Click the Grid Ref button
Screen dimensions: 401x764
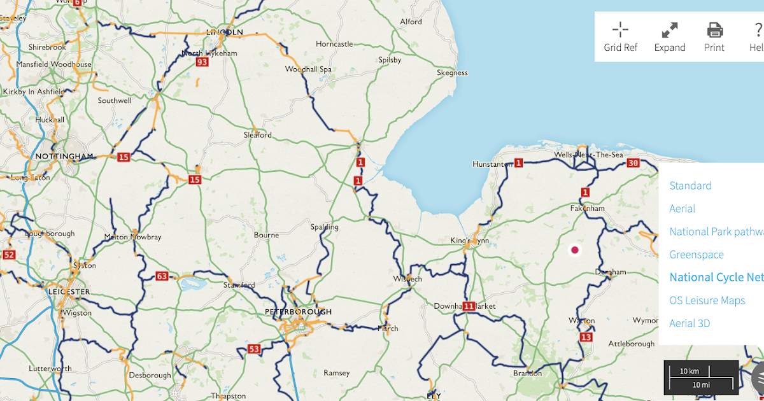[x=620, y=37]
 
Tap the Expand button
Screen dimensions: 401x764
[x=670, y=37]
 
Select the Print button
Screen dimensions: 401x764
[x=714, y=37]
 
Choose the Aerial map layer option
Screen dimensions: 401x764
[x=682, y=209]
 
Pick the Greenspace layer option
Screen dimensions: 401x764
[x=697, y=255]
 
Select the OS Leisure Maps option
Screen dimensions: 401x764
[x=707, y=300]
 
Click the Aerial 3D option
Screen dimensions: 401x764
[x=690, y=323]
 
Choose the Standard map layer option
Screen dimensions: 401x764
[x=690, y=186]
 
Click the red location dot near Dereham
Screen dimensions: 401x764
[x=575, y=250]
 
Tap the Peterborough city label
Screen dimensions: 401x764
[x=298, y=312]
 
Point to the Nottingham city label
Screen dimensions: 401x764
[x=64, y=156]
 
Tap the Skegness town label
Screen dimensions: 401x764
[x=452, y=73]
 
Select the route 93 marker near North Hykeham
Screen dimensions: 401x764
[x=202, y=62]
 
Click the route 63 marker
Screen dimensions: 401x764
[x=162, y=276]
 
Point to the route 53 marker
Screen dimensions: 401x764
[x=255, y=349]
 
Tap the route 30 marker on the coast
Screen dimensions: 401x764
[x=632, y=163]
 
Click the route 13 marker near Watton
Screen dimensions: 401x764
[x=586, y=337]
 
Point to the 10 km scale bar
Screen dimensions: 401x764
[x=690, y=371]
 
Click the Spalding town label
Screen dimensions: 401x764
[x=324, y=227]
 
